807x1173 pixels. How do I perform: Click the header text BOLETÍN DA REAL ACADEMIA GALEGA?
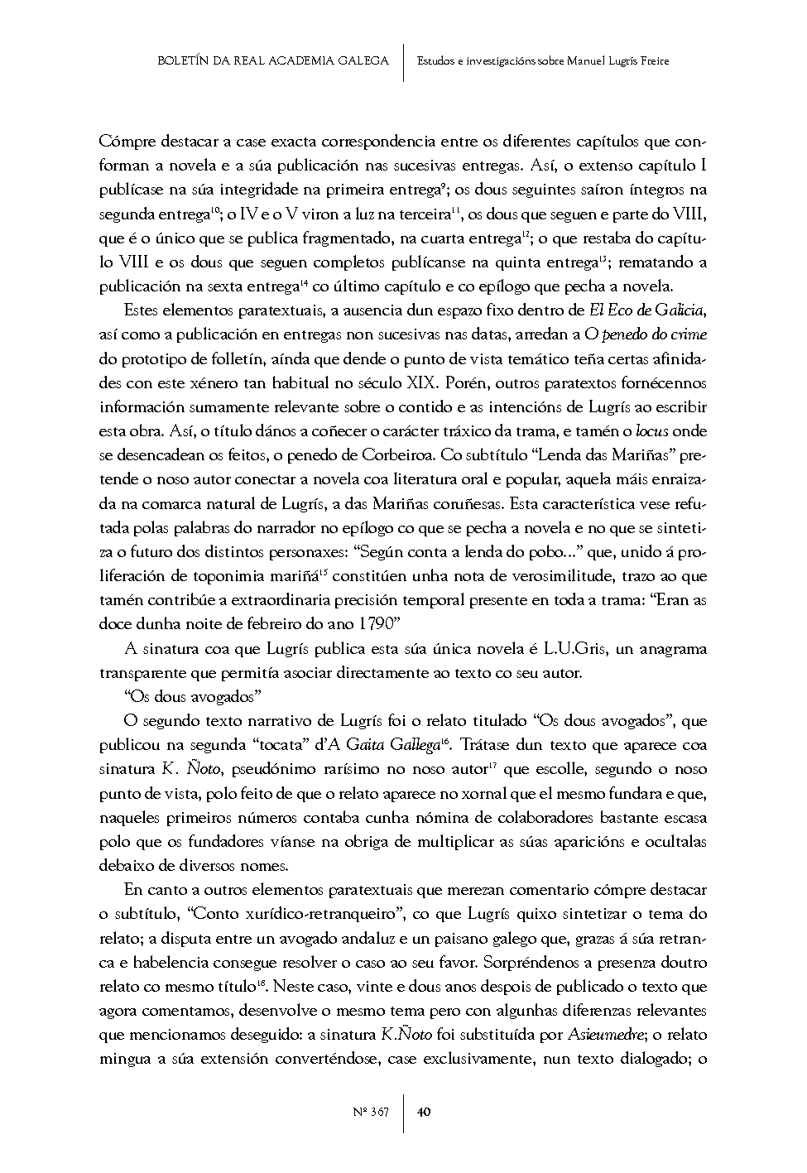273,60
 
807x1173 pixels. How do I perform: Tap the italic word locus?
651,431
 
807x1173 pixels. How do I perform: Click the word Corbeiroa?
394,455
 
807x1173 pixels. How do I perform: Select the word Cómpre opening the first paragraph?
125,141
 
